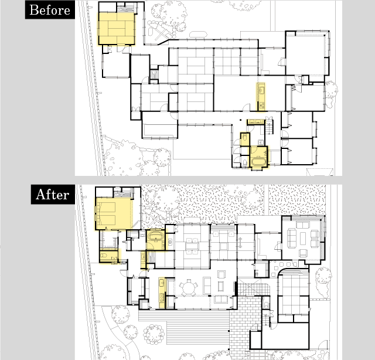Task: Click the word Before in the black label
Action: (x=50, y=10)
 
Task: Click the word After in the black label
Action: (x=53, y=194)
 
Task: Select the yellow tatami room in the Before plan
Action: (x=117, y=28)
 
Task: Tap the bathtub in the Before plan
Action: (x=258, y=161)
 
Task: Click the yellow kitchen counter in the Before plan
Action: (x=261, y=97)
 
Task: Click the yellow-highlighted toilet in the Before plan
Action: (x=245, y=140)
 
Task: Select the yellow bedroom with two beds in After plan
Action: (x=114, y=213)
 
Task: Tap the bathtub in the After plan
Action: (x=156, y=236)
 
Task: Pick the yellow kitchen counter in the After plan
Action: (x=162, y=293)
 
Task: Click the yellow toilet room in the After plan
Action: (x=109, y=257)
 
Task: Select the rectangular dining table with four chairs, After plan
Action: (x=192, y=246)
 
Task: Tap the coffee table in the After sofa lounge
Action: (x=303, y=238)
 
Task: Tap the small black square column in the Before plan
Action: (x=240, y=120)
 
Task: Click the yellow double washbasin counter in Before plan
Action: (x=256, y=121)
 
